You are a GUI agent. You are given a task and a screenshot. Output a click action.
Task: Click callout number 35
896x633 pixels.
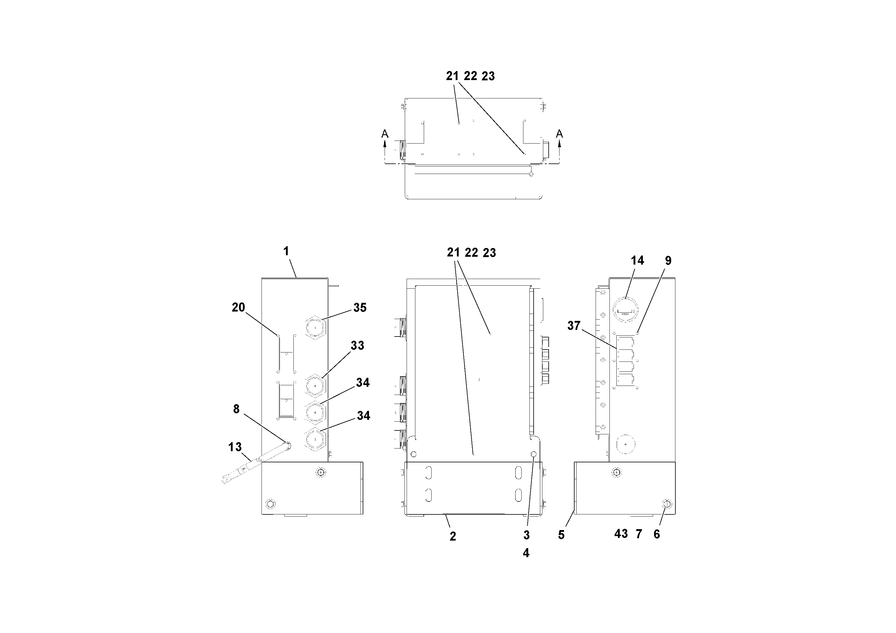(360, 308)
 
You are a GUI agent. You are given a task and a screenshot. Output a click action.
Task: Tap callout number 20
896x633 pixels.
(238, 308)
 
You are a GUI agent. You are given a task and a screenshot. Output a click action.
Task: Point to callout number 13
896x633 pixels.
(235, 447)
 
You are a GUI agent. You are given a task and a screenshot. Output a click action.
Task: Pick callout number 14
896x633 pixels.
(637, 261)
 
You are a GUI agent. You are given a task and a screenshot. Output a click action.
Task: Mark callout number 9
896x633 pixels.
(668, 261)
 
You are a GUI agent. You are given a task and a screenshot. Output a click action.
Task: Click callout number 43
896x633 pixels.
(621, 534)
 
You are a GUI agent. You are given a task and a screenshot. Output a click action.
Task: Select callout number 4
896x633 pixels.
(526, 553)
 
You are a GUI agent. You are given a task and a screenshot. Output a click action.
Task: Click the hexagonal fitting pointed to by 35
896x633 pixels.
(315, 328)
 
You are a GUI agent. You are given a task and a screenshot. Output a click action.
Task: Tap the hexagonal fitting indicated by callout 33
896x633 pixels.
(315, 386)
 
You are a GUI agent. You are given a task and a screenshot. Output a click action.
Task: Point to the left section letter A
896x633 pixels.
(385, 134)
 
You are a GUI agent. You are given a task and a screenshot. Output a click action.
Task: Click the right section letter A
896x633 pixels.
(559, 134)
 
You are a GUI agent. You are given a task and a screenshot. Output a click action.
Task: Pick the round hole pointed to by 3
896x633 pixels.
(534, 454)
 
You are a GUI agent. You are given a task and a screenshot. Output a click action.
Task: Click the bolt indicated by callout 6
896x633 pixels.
(667, 504)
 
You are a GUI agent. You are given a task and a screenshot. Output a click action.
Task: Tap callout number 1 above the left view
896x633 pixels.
(286, 251)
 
